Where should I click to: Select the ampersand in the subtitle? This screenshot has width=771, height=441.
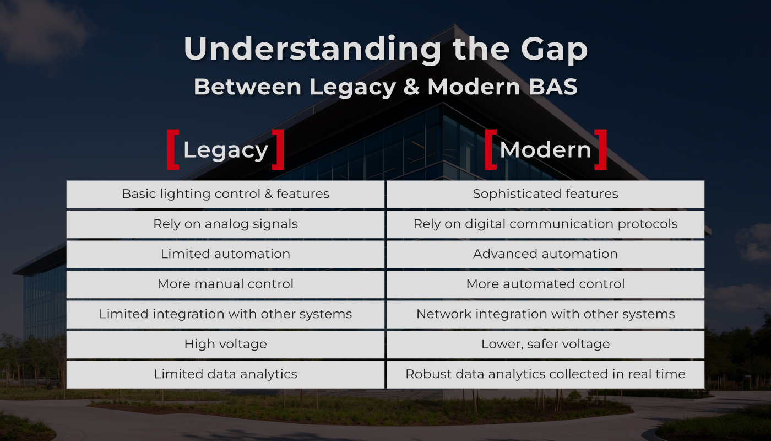click(411, 87)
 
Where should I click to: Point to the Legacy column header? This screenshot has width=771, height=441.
click(225, 150)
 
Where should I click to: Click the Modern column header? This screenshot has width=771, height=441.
click(545, 150)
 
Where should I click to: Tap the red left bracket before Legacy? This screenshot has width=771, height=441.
click(173, 149)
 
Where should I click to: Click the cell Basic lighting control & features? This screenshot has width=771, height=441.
click(225, 194)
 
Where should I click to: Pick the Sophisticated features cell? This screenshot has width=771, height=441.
click(545, 194)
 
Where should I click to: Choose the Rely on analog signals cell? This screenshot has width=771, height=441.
click(225, 224)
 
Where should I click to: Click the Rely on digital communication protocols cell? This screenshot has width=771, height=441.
click(545, 224)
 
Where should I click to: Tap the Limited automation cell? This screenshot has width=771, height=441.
click(225, 254)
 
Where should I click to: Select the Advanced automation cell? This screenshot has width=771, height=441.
click(545, 254)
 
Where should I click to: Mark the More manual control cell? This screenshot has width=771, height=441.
click(225, 284)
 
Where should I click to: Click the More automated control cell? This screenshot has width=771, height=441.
click(545, 284)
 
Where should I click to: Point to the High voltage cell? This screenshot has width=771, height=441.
click(225, 344)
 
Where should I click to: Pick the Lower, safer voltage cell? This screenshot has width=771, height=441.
click(545, 344)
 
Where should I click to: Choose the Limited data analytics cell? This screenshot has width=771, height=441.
click(225, 374)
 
